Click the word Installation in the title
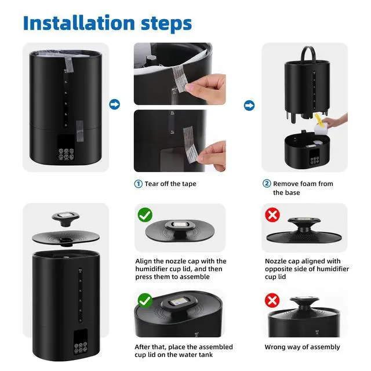[x=79, y=23]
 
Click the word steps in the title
[x=166, y=24]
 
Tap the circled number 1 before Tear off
[x=139, y=184]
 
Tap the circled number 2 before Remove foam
[x=267, y=184]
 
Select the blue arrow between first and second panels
[x=115, y=104]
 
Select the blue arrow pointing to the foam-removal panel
[x=249, y=106]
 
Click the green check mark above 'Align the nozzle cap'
[x=145, y=215]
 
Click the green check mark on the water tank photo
[x=145, y=300]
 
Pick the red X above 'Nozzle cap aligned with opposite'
[x=272, y=215]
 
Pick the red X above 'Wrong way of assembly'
[x=272, y=300]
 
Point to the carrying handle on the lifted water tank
[x=308, y=54]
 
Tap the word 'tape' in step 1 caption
[x=189, y=184]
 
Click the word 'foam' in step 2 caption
[x=309, y=184]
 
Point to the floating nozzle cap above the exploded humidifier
[x=66, y=219]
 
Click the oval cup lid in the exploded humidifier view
[x=66, y=238]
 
